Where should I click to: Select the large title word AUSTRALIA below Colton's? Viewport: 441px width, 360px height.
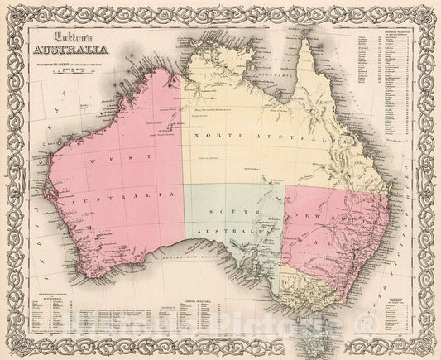(x=78, y=55)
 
